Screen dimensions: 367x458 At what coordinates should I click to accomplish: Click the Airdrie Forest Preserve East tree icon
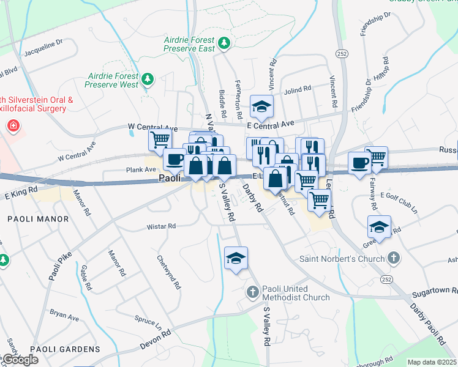pyautogui.click(x=225, y=43)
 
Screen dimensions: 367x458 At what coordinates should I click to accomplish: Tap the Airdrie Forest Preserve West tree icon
pyautogui.click(x=148, y=79)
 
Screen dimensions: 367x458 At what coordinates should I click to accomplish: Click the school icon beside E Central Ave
pyautogui.click(x=261, y=108)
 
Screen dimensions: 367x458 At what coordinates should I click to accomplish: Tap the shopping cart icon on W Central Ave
pyautogui.click(x=160, y=139)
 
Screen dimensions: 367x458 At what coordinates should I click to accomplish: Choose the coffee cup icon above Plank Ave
pyautogui.click(x=175, y=160)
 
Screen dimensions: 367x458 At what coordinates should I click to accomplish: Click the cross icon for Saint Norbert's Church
pyautogui.click(x=394, y=258)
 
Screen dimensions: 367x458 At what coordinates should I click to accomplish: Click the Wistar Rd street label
pyautogui.click(x=161, y=226)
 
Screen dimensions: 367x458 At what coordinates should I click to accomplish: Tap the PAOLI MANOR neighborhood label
pyautogui.click(x=32, y=218)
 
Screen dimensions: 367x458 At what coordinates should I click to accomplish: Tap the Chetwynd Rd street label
pyautogui.click(x=170, y=272)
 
